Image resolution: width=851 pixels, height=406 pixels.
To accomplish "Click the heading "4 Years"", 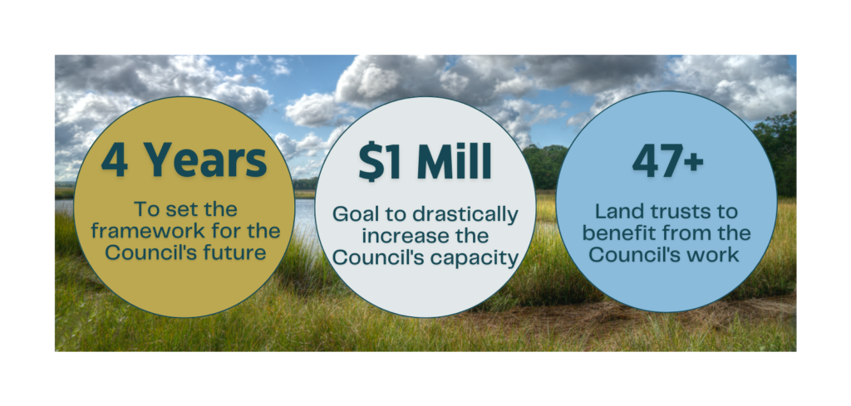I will [x=184, y=160].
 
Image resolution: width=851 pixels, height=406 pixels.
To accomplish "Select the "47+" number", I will [x=667, y=160].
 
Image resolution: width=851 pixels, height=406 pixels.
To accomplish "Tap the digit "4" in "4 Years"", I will [x=114, y=160].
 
